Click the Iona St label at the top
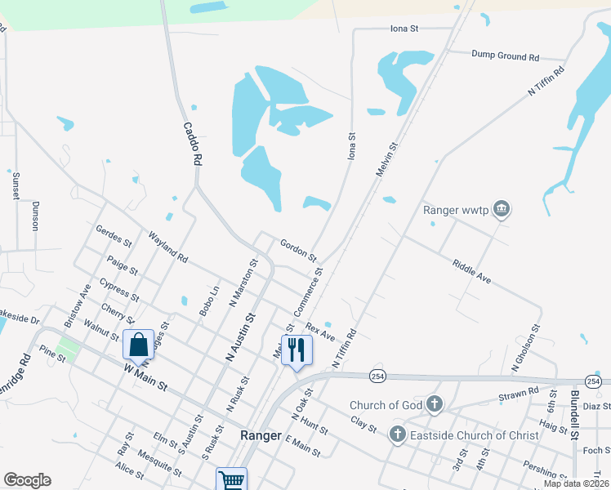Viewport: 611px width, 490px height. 404,29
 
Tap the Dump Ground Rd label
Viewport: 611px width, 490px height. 506,56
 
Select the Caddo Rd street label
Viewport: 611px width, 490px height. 192,145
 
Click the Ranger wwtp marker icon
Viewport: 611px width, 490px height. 502,210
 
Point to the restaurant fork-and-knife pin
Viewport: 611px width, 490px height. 296,350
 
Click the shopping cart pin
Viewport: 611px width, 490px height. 232,480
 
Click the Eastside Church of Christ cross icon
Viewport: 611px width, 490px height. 398,434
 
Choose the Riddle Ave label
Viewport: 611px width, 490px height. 471,271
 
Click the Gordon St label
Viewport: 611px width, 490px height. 298,251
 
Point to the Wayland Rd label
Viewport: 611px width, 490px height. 168,246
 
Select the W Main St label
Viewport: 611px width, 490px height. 145,377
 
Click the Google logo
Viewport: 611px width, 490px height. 27,480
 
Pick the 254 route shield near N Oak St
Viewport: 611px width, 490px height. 377,375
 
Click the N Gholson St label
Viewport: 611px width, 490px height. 526,349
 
